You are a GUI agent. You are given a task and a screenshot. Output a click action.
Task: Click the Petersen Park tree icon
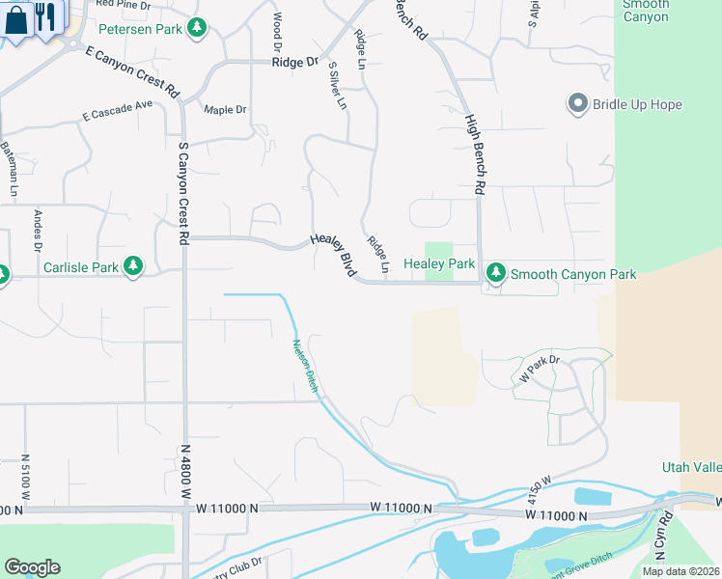point(198,28)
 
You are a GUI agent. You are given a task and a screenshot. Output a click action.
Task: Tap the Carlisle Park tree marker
point(133,266)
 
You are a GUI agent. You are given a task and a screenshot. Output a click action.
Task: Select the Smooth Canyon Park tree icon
point(496,274)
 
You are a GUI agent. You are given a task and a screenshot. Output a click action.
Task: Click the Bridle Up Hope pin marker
point(578,104)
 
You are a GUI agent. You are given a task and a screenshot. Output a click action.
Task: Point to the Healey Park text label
point(439,263)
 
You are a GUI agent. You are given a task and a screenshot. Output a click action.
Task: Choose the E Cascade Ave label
point(118,110)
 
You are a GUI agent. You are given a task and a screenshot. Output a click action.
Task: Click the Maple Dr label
point(225,109)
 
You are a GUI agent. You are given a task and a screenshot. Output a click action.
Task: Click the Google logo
point(32,567)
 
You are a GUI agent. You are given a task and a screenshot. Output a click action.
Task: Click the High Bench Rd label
point(473,154)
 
